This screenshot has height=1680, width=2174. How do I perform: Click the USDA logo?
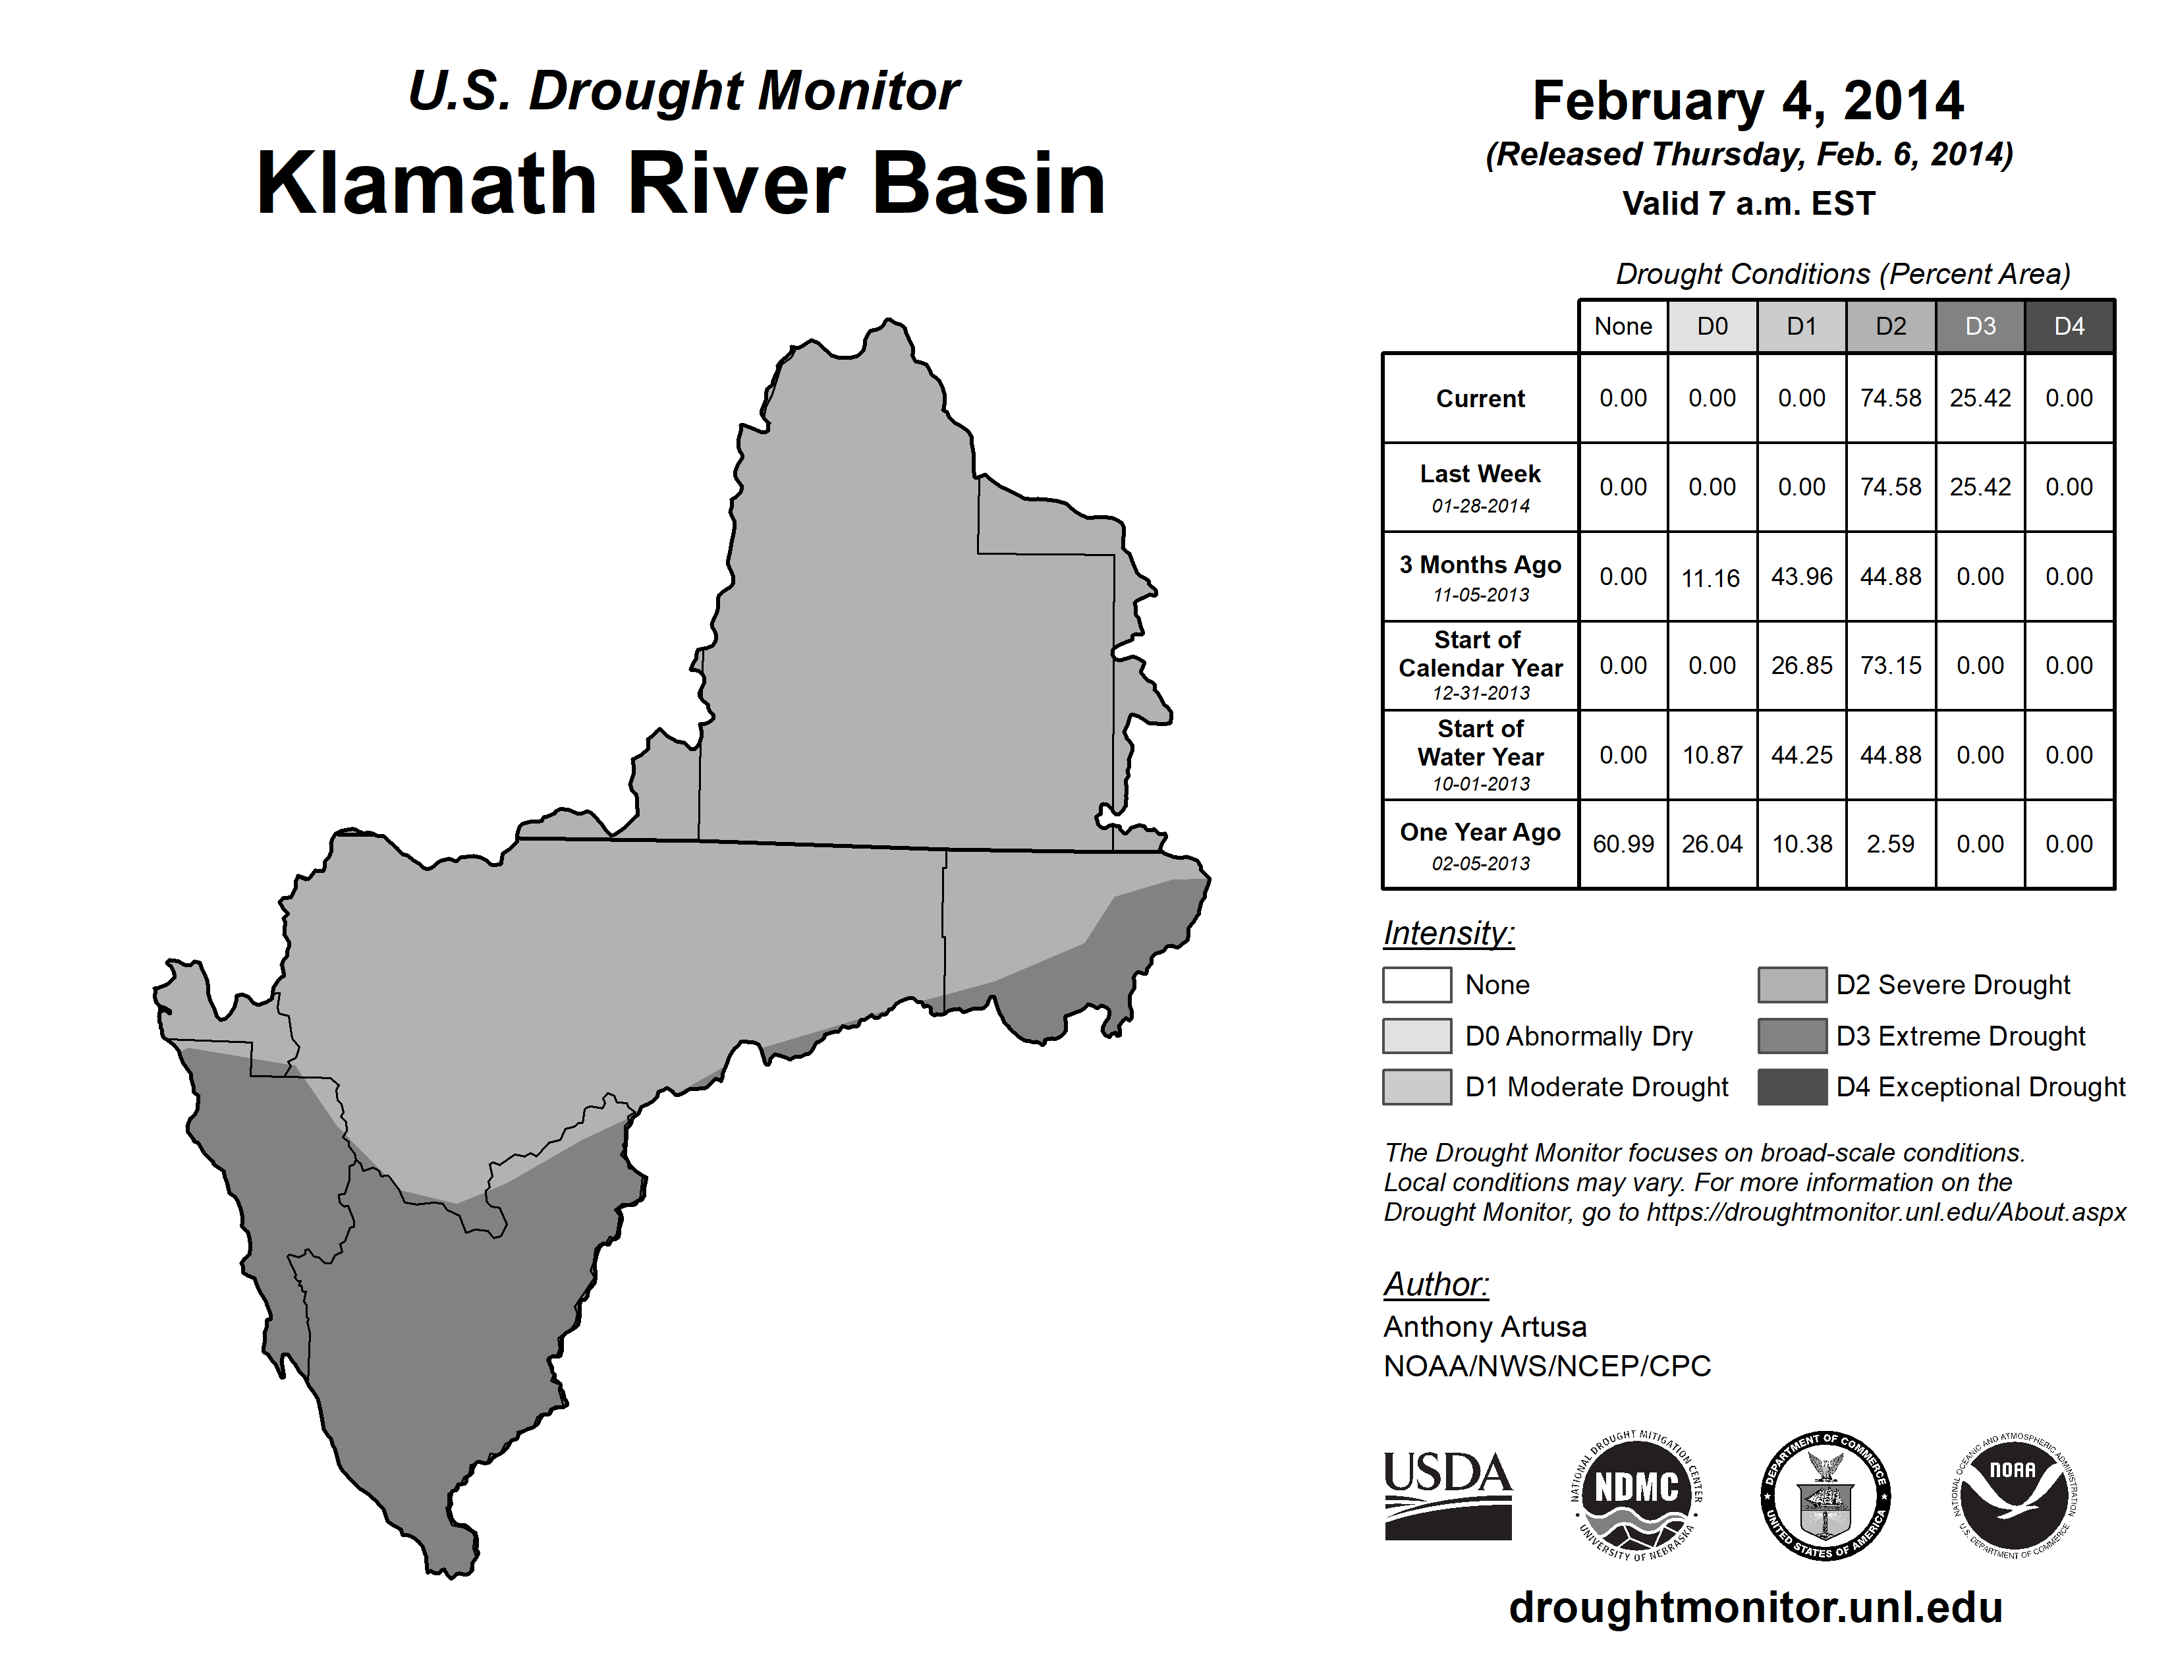(1447, 1496)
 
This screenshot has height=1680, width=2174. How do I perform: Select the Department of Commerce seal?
(1826, 1496)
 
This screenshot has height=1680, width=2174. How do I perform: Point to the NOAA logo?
(2015, 1496)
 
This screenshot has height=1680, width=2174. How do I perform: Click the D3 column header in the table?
(1980, 326)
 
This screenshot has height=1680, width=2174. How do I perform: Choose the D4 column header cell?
(2069, 326)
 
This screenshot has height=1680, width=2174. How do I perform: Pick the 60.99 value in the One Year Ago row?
(1623, 844)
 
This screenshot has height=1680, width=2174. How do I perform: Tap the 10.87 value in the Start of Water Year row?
(1712, 756)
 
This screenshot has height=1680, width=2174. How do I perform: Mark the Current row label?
(1480, 399)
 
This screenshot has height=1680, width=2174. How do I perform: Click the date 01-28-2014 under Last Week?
(1481, 505)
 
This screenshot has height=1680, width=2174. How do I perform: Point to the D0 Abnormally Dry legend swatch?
(1416, 1035)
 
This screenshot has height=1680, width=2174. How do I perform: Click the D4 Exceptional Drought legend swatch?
(1792, 1087)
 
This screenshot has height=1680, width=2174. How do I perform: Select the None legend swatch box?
(1416, 984)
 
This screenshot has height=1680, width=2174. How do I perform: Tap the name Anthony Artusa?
(1485, 1327)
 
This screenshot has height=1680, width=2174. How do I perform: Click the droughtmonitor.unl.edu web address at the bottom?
(1756, 1608)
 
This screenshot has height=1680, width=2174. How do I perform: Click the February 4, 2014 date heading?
(1748, 101)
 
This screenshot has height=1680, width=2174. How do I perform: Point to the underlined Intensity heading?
(1448, 934)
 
